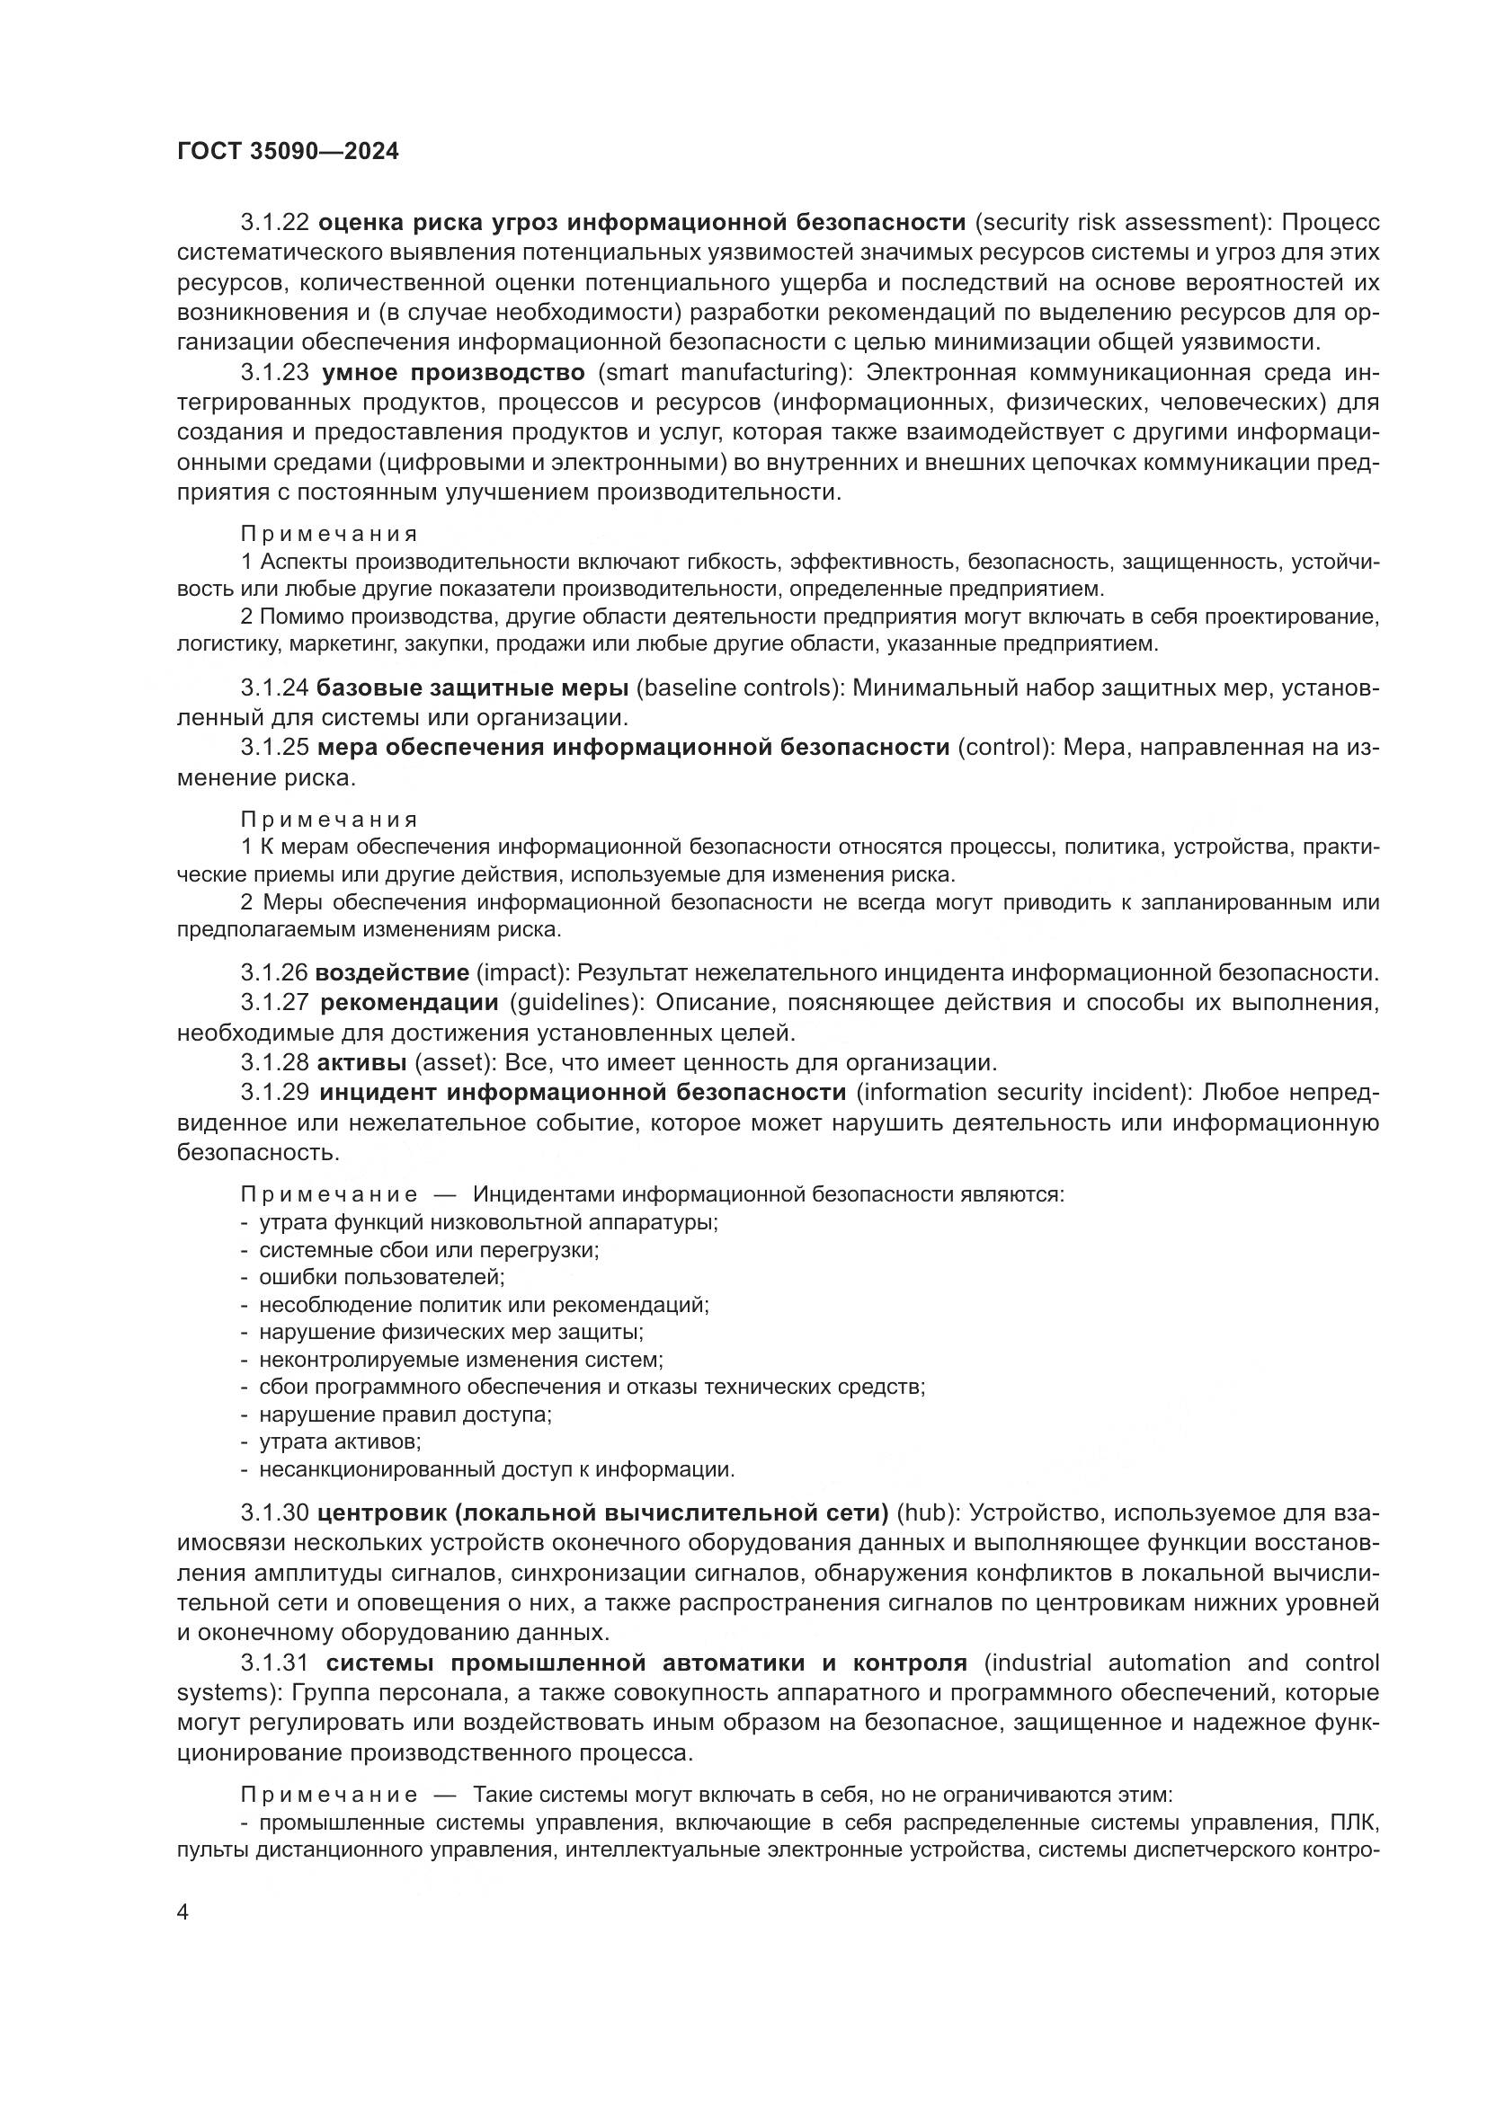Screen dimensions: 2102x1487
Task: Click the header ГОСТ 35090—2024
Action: click(x=289, y=152)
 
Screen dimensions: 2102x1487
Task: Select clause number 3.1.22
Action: click(x=276, y=223)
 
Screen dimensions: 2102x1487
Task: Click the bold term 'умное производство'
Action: click(x=452, y=374)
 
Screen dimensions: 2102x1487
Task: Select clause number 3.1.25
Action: click(x=276, y=748)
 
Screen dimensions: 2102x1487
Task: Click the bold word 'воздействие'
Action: click(x=392, y=972)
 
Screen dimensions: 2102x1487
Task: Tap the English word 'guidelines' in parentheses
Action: click(x=573, y=1003)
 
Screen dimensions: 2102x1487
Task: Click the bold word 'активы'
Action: click(x=361, y=1063)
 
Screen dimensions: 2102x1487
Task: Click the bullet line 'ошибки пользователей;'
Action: click(x=382, y=1277)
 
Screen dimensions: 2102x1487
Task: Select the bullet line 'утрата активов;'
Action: click(x=340, y=1441)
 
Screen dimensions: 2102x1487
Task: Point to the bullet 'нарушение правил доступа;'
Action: click(x=405, y=1415)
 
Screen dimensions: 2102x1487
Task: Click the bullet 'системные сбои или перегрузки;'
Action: click(x=429, y=1250)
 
